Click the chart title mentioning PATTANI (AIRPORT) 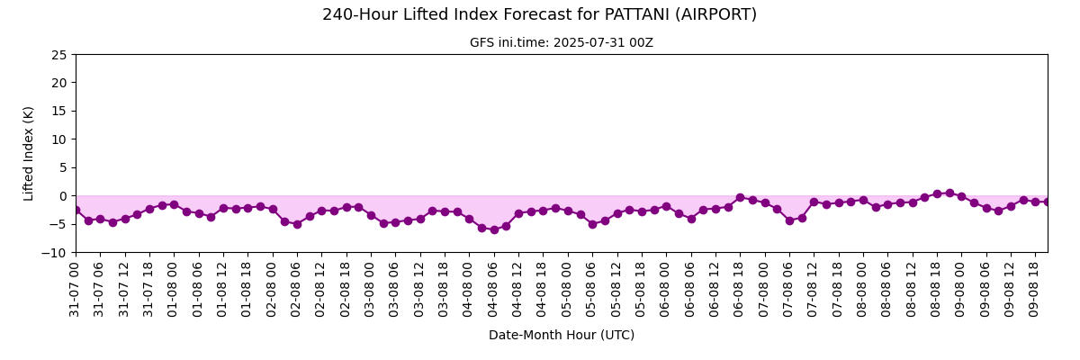coord(539,15)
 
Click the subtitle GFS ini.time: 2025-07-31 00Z coord(562,43)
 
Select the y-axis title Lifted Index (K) coord(28,154)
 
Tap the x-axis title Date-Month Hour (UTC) coord(562,335)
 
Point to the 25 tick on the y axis coord(58,55)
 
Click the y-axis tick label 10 coord(58,139)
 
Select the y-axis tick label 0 coord(63,196)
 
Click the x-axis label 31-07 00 coord(74,289)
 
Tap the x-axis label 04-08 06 coord(492,289)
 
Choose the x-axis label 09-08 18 coord(1033,289)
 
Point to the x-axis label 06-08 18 coord(738,289)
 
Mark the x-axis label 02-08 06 coord(295,289)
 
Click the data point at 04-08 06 coord(494,229)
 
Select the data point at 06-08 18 coord(740,198)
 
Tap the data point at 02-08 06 coord(297,224)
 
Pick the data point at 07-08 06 coord(789,220)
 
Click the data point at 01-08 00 coord(174,205)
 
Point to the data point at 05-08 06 coord(592,224)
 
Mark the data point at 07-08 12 coord(814,202)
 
